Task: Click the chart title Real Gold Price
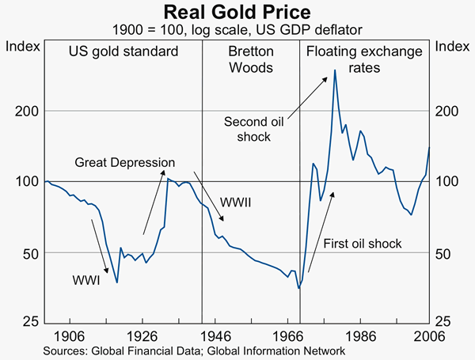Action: click(x=237, y=13)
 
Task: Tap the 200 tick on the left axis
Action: click(x=26, y=111)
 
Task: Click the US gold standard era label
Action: click(x=123, y=52)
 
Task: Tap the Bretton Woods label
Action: click(x=250, y=59)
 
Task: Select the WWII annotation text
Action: click(x=236, y=202)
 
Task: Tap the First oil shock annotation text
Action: click(x=363, y=243)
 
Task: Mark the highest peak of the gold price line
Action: click(x=335, y=70)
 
